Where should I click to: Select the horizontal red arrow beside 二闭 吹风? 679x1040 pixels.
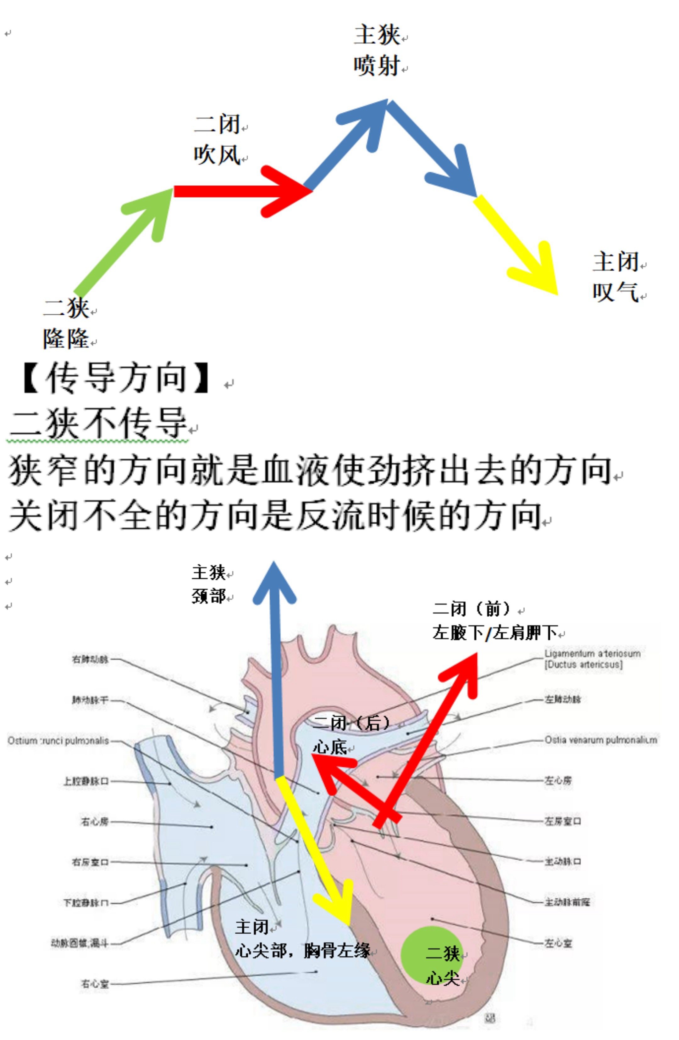240,191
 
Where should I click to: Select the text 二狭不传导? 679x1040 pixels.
98,423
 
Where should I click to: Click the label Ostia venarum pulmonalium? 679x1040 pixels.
600,740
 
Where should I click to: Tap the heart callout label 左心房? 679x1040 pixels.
557,780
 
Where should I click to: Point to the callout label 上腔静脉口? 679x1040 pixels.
86,781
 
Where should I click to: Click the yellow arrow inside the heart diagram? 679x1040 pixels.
314,852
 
